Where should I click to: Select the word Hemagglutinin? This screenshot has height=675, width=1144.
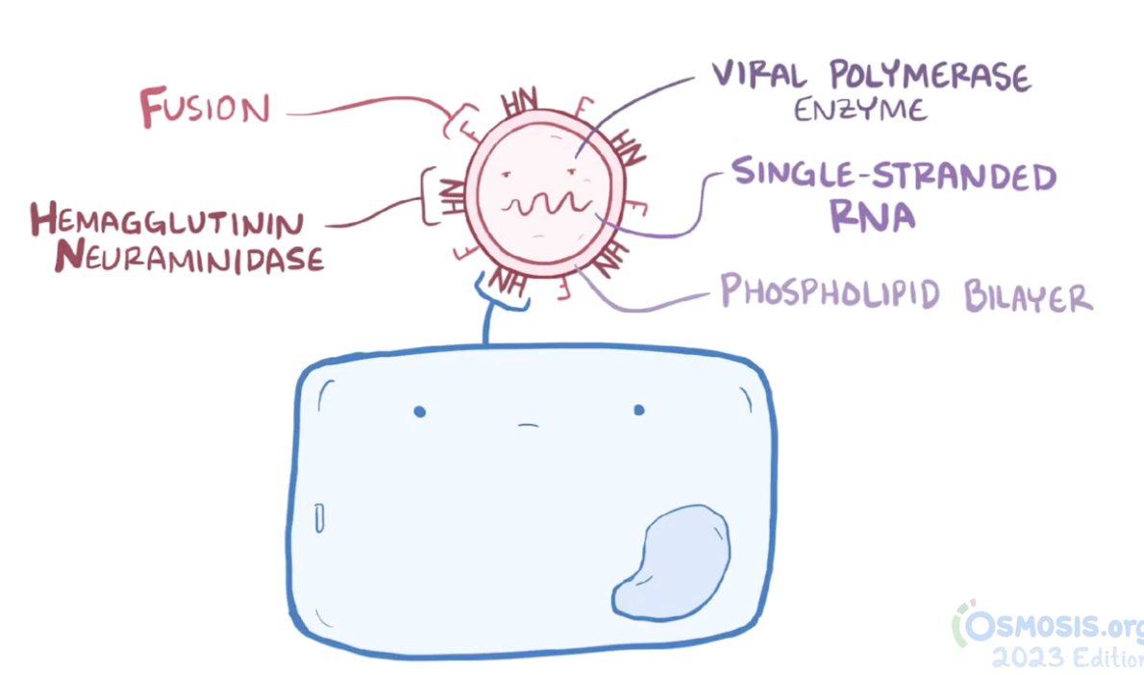pyautogui.click(x=166, y=223)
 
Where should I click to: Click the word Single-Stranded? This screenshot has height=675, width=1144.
pyautogui.click(x=894, y=177)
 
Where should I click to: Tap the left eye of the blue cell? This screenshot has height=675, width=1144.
pyautogui.click(x=419, y=412)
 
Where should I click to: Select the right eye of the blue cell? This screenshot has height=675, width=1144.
pyautogui.click(x=638, y=411)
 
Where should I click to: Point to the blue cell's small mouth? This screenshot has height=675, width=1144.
pyautogui.click(x=528, y=425)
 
